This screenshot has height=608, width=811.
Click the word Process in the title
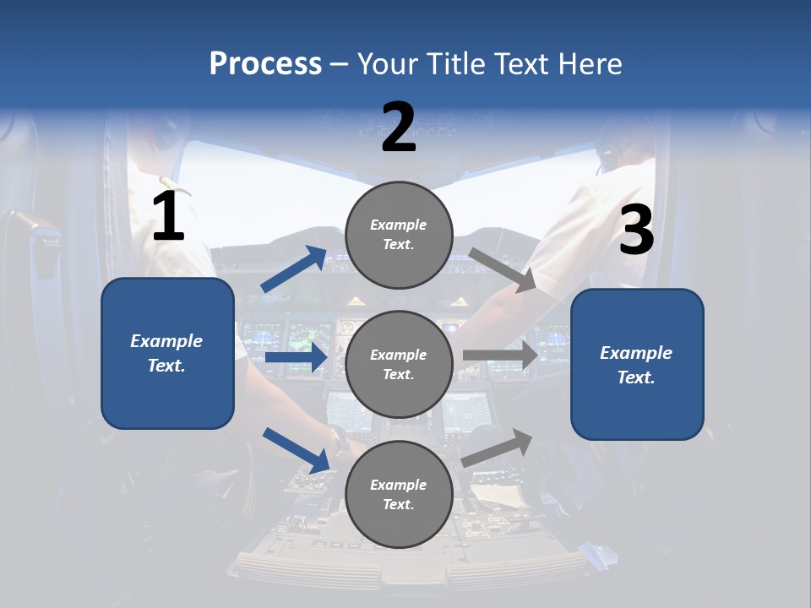click(265, 63)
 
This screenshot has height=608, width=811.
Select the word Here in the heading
click(589, 63)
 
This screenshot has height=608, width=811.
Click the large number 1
click(168, 217)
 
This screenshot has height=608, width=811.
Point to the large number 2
click(399, 128)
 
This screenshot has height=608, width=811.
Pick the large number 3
click(636, 231)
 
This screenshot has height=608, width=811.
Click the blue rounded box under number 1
click(167, 353)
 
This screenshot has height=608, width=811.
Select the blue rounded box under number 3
click(637, 364)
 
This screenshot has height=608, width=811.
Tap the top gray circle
click(399, 235)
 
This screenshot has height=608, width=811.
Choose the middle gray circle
click(399, 364)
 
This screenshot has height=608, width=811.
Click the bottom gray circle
click(399, 494)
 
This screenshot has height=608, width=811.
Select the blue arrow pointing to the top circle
click(294, 269)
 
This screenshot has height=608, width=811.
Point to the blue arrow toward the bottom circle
click(296, 450)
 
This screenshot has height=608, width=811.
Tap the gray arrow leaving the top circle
click(502, 270)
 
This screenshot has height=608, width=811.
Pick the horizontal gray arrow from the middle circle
click(500, 355)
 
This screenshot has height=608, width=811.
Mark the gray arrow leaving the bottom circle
click(498, 448)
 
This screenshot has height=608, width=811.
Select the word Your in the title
click(387, 63)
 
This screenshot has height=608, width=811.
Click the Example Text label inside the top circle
click(399, 235)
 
